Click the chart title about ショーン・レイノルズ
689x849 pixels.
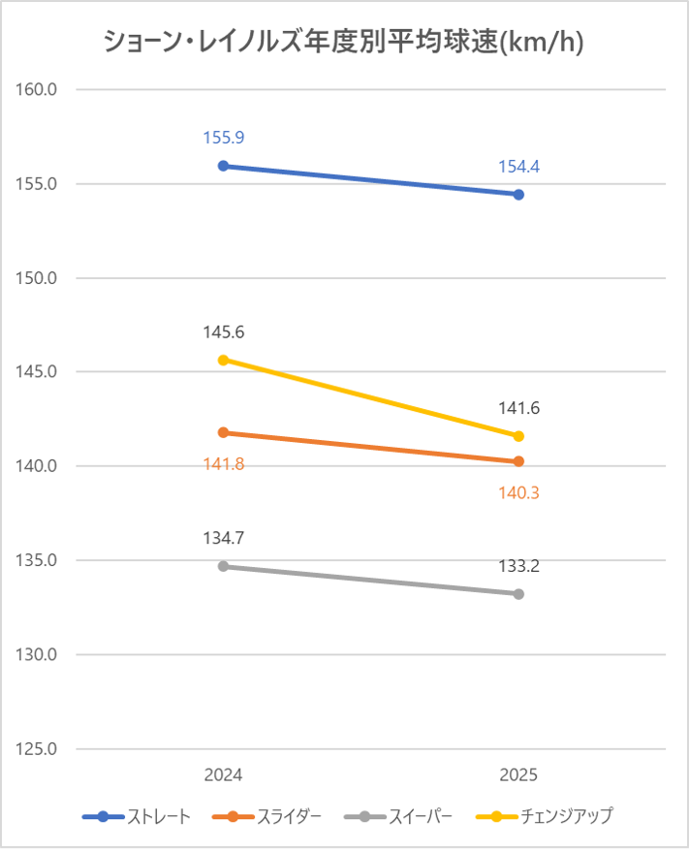(344, 43)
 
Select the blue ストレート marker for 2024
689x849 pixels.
(223, 166)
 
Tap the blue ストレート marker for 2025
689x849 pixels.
(518, 195)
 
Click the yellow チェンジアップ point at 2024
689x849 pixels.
(223, 360)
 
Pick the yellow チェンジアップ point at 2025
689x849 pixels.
(518, 436)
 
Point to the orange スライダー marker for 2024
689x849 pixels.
(223, 432)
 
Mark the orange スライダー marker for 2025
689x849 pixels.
(518, 461)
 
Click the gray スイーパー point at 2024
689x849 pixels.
(223, 566)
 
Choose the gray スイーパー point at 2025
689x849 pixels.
(518, 594)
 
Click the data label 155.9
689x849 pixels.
(223, 138)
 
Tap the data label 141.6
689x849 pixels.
(518, 408)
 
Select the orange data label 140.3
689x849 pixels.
(518, 492)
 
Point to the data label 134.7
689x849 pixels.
(223, 538)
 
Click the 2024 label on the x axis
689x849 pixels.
(223, 775)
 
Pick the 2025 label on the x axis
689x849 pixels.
(518, 775)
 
